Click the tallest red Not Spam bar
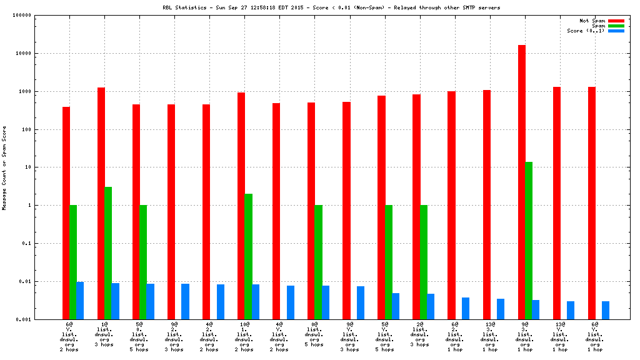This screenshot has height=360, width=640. pyautogui.click(x=522, y=181)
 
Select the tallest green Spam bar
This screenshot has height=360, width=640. pyautogui.click(x=529, y=240)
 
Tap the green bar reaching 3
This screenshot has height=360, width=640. pyautogui.click(x=108, y=252)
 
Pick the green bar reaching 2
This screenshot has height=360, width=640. pyautogui.click(x=248, y=256)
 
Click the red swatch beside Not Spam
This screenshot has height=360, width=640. pyautogui.click(x=616, y=21)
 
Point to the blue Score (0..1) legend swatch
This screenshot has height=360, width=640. pyautogui.click(x=616, y=31)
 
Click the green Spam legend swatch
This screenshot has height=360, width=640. pyautogui.click(x=616, y=26)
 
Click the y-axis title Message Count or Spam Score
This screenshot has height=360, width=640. pyautogui.click(x=4, y=167)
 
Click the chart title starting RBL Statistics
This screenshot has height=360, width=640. pyautogui.click(x=331, y=7)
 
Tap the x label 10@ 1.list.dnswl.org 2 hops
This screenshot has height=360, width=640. pyautogui.click(x=244, y=337)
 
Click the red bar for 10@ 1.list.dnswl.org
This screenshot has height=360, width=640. pyautogui.click(x=241, y=206)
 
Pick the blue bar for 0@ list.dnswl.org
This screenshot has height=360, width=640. pyautogui.click(x=326, y=302)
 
